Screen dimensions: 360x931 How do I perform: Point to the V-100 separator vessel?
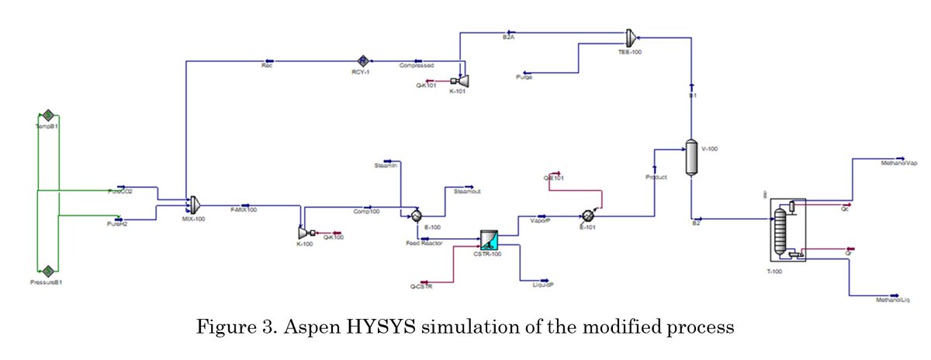[x=690, y=157]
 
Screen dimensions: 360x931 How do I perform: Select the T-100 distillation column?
[x=786, y=230]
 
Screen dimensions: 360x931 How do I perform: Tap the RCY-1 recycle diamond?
[x=362, y=60]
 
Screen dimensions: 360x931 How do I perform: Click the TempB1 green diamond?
[x=47, y=115]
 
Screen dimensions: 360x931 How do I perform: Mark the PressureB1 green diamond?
[x=47, y=270]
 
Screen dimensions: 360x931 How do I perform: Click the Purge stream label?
[x=524, y=78]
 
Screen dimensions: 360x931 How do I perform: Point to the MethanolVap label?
[x=899, y=164]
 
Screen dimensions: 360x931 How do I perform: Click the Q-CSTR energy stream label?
[x=421, y=287]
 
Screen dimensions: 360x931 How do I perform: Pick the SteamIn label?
[x=386, y=165]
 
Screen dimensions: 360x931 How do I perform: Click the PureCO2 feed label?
[x=119, y=192]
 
